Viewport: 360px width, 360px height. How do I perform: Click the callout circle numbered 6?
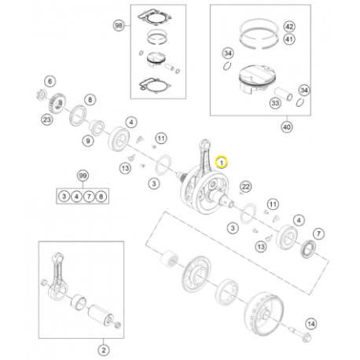coord(50,82)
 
